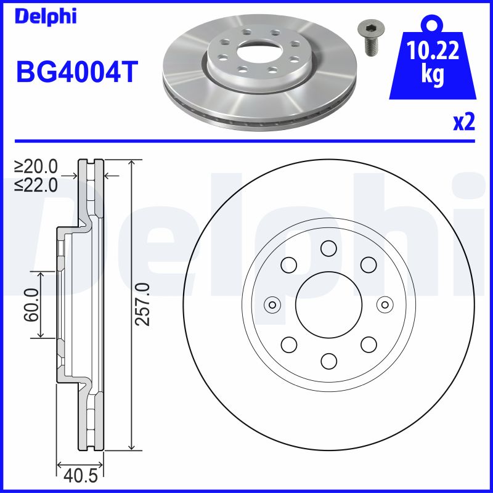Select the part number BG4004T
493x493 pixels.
coord(76,71)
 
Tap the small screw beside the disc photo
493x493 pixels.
coord(369,38)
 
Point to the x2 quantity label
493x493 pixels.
coord(464,123)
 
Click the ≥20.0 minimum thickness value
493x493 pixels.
coord(36,166)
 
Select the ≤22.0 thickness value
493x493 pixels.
coord(36,184)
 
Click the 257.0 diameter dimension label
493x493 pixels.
coord(143,304)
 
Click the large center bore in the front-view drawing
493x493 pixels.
coord(328,304)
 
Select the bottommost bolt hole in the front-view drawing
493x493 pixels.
coord(328,361)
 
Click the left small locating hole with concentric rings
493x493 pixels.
coord(272,304)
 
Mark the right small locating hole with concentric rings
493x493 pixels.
coord(385,304)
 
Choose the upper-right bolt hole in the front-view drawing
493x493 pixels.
coord(369,265)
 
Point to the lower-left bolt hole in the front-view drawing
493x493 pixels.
coord(288,344)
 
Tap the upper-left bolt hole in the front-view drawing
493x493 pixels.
coord(288,265)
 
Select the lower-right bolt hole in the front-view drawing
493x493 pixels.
coord(369,344)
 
